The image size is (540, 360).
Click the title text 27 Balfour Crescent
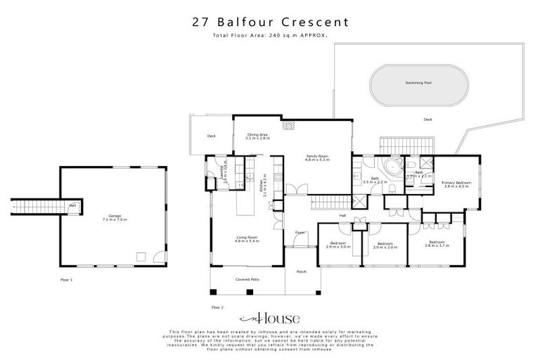point(270,21)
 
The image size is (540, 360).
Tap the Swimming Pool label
point(418,83)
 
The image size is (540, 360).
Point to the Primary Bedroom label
point(456,184)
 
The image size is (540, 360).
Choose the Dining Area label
point(257,136)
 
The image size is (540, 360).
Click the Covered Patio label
point(247,280)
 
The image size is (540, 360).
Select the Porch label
point(302,271)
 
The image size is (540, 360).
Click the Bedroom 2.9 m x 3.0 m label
point(340,245)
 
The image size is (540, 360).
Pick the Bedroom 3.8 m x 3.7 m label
point(436,245)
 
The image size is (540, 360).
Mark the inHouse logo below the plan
point(270,317)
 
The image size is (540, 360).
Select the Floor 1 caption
point(67,280)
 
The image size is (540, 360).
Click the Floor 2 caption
point(217,307)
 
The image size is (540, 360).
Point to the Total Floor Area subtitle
point(270,34)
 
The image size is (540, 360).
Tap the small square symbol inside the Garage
point(141,257)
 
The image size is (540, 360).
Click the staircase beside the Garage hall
point(35,206)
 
